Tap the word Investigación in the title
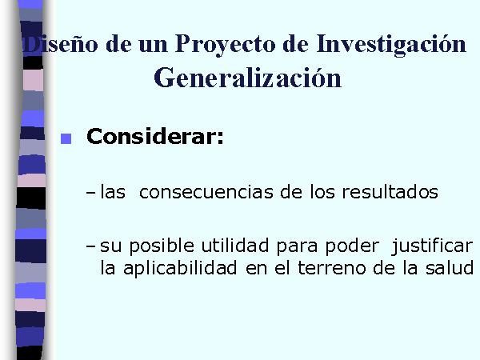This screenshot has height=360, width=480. [x=391, y=44]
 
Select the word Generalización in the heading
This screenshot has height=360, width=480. [x=247, y=78]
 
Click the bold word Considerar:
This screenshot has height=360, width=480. [x=155, y=136]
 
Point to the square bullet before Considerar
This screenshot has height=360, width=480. [x=66, y=138]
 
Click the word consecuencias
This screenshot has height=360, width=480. [x=206, y=192]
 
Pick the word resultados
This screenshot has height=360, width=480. [x=390, y=192]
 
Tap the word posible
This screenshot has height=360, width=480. [x=162, y=246]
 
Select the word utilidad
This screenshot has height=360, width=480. [x=234, y=246]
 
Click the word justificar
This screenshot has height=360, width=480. [x=432, y=246]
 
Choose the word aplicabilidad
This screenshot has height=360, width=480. [x=180, y=269]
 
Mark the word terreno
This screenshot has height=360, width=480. [x=332, y=268]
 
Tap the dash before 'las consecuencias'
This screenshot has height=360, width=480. [x=91, y=193]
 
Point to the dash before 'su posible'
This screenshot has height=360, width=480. [x=91, y=246]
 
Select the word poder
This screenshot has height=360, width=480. [x=352, y=246]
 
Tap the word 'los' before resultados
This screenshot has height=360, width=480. [x=322, y=192]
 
